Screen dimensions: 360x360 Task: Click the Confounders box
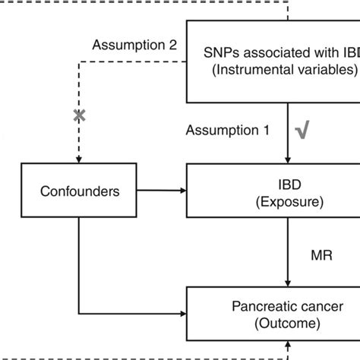79,191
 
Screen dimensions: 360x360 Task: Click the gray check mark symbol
301,131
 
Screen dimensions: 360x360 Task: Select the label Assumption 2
134,45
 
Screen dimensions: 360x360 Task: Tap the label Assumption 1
228,131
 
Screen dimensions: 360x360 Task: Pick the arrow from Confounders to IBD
159,191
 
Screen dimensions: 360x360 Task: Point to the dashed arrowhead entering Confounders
77,159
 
